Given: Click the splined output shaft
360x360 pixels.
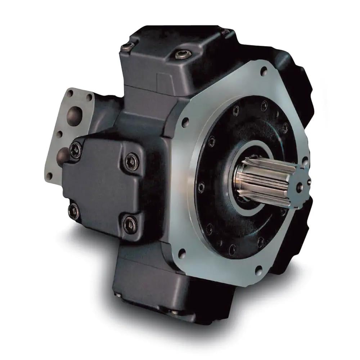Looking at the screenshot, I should (x=265, y=182).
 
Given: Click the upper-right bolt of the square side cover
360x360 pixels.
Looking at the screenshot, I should (x=131, y=161).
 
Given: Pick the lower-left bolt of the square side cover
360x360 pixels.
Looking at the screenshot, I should (x=73, y=211).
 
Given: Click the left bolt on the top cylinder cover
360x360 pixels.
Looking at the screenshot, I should (x=127, y=46).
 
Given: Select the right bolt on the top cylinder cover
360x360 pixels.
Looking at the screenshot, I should (x=183, y=54).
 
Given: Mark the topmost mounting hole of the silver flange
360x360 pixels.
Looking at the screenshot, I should (x=264, y=71).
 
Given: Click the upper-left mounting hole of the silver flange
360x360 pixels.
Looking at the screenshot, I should (x=185, y=122).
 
